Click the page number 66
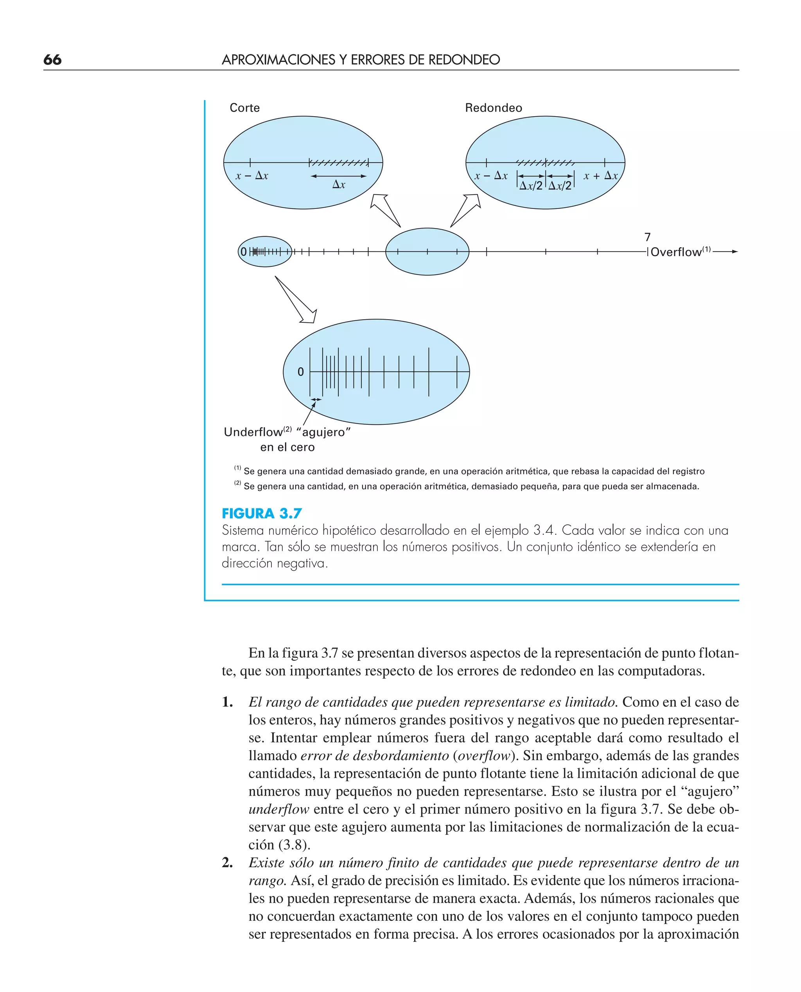pos(52,59)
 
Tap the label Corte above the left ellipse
pos(244,108)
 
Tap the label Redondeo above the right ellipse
pos(493,108)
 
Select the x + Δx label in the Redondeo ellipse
pos(600,176)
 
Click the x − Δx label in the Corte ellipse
pos(251,176)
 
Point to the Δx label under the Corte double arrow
pos(338,185)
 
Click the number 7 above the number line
pos(647,237)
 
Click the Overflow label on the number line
pos(675,252)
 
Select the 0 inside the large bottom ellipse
pos(301,372)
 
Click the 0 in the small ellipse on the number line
pos(244,252)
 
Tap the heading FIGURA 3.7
pos(262,514)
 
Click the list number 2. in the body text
pos(227,863)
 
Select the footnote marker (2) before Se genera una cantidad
pos(237,483)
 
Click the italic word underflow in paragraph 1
pos(279,809)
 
